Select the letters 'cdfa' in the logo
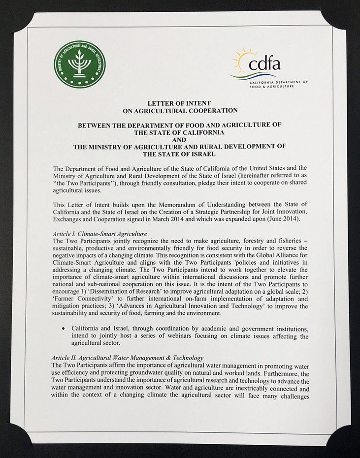tap(264, 64)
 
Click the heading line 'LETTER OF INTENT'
tap(179, 103)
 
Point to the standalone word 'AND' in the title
tap(180, 139)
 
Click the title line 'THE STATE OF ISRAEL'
tap(180, 153)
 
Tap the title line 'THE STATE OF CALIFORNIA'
tap(180, 132)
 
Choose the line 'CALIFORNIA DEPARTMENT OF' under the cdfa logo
tap(278, 82)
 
